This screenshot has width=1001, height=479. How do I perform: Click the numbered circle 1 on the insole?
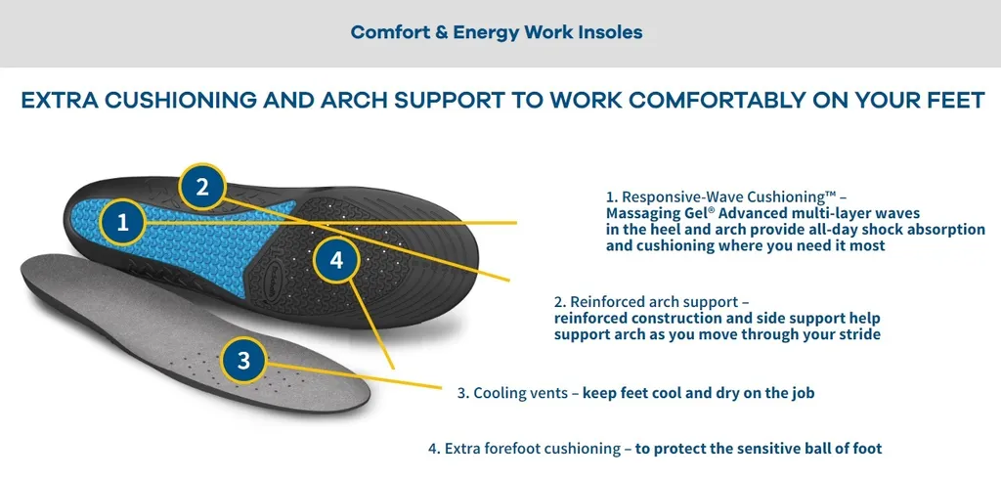click(122, 222)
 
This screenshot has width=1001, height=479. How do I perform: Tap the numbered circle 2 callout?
click(202, 187)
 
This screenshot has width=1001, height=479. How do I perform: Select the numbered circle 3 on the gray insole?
click(243, 361)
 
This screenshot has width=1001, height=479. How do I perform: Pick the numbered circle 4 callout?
click(336, 260)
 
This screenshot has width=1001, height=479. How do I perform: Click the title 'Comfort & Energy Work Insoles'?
click(497, 32)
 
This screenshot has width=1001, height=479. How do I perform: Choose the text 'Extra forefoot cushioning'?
click(533, 449)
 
